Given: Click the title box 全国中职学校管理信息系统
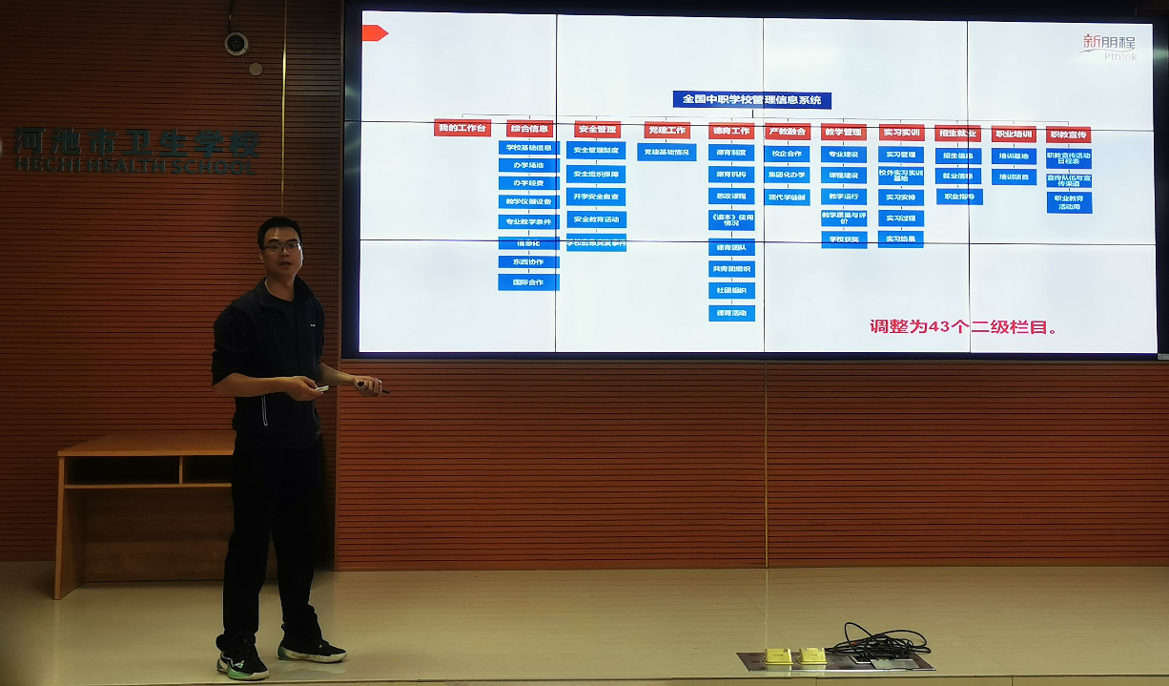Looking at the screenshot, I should tap(751, 99).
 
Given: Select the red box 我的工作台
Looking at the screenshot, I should tap(461, 128).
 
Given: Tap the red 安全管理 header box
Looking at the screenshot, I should tap(597, 130).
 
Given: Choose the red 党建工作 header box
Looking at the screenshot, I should tap(666, 131).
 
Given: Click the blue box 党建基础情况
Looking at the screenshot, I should tap(666, 153).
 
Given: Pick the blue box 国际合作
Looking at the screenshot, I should tap(528, 282).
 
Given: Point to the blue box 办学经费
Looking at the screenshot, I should tap(528, 183).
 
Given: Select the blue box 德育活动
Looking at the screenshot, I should tap(731, 313).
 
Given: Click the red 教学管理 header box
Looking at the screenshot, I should tap(843, 133).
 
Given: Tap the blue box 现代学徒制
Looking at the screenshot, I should tap(787, 197).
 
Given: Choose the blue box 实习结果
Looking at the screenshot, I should tap(900, 239).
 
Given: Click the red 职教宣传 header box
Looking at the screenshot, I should tap(1067, 135).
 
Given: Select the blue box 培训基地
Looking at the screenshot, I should tap(1013, 156).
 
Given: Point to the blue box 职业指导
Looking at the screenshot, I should tap(958, 197).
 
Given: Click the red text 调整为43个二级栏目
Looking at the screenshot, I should tap(963, 326).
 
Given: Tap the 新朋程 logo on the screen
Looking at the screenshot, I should tap(1109, 44).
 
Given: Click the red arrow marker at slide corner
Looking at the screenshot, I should tap(374, 33).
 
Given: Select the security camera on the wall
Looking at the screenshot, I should tap(236, 43).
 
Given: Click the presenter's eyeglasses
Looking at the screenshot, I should tap(282, 246).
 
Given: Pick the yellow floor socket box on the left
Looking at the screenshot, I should tap(778, 655).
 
